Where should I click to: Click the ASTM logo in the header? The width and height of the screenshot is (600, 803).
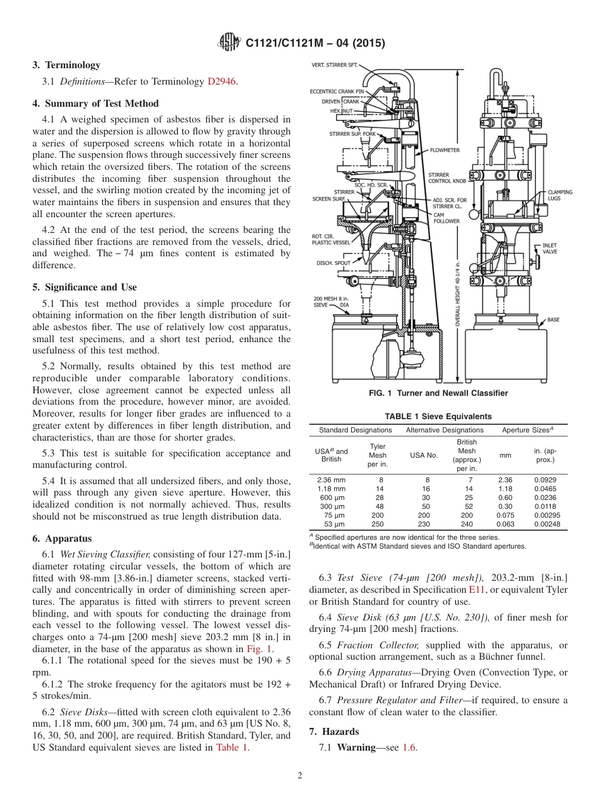click(x=229, y=43)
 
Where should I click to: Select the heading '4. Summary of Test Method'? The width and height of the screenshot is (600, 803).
click(x=95, y=104)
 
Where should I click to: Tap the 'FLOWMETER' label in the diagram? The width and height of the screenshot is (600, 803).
click(x=445, y=151)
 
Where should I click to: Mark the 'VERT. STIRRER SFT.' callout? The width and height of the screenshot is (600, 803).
click(x=335, y=65)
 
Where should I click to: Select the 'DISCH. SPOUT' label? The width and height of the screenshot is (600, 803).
click(x=333, y=262)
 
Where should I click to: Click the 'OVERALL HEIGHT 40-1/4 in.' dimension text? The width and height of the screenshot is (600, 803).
click(x=458, y=294)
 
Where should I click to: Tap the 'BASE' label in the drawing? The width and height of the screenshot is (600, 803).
click(x=553, y=320)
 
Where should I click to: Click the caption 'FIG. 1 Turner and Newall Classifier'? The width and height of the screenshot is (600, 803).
click(x=438, y=393)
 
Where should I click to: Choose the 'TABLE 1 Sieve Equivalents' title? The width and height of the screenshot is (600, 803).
click(x=438, y=417)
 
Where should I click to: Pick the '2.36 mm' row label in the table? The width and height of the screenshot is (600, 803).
click(x=331, y=480)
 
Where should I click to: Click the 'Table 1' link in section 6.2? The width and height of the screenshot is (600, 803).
click(x=232, y=747)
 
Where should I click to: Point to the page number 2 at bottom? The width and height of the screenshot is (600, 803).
click(x=300, y=776)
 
